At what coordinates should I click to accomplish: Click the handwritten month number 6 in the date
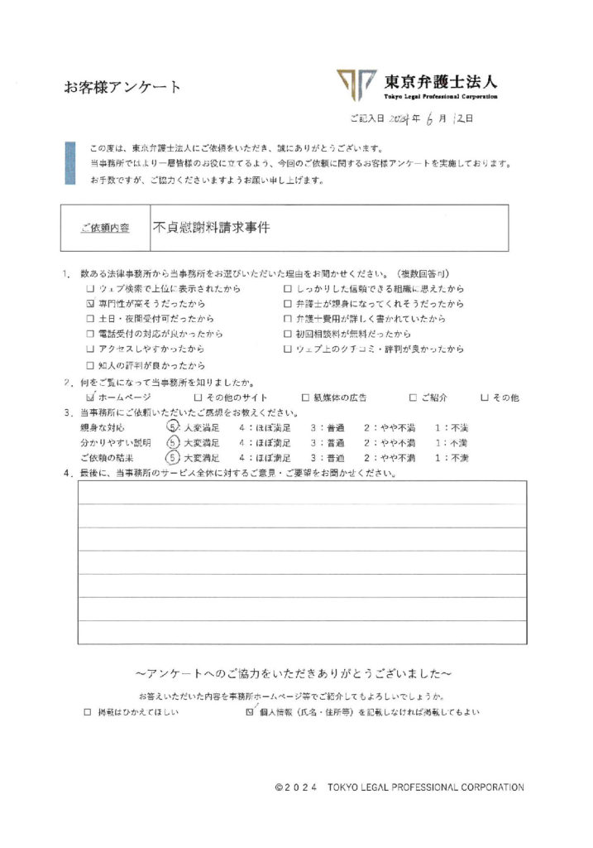pos(432,120)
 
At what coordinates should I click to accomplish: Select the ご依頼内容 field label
pos(105,228)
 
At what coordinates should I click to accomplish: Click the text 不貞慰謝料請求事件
pos(211,226)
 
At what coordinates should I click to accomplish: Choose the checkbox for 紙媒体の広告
pos(305,397)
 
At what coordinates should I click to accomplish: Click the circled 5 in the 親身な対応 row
pos(172,427)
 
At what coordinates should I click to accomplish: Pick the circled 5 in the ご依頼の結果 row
pos(172,457)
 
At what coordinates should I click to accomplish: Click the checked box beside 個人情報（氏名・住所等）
pos(251,711)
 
